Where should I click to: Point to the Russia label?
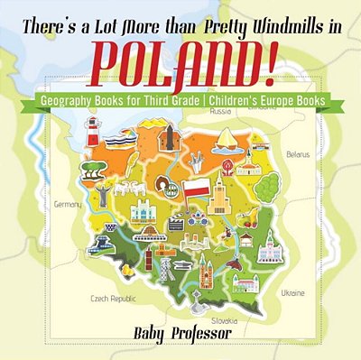pos(220,114)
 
